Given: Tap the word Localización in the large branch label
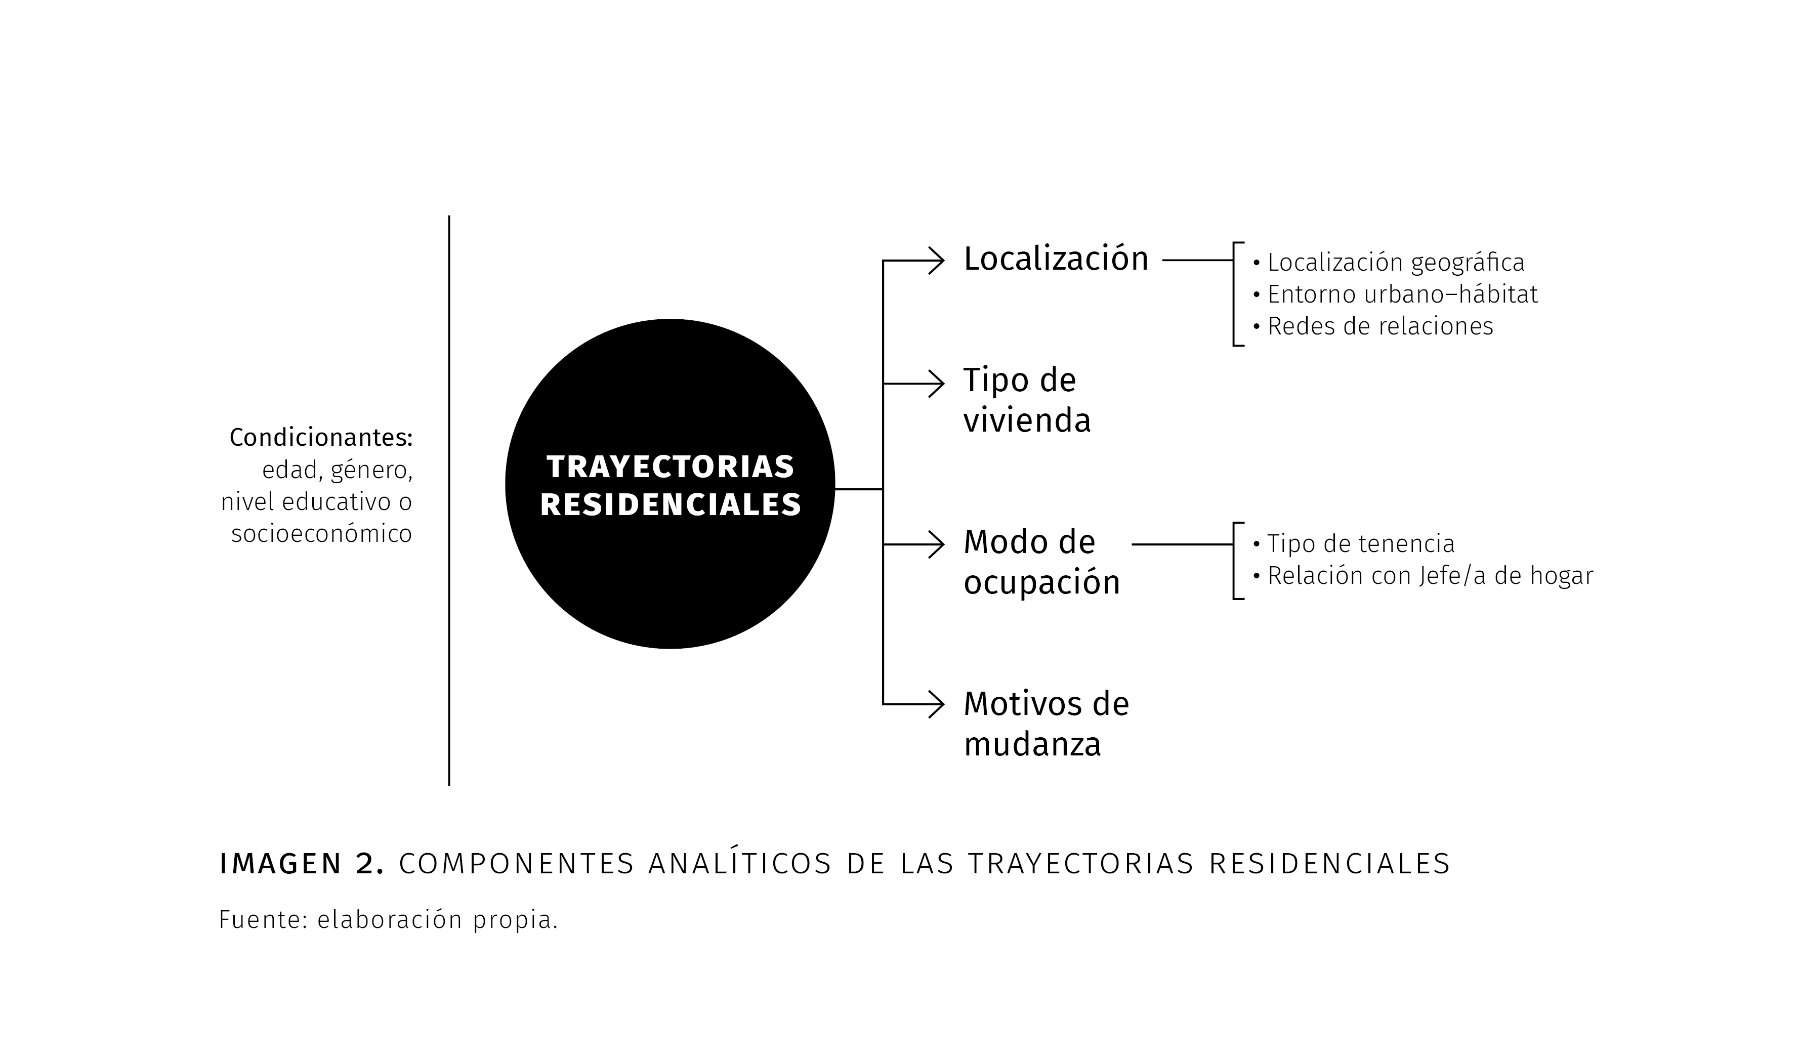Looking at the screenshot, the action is click(1056, 259).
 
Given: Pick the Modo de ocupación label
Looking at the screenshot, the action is click(1041, 562).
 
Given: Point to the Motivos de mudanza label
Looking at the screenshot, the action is click(1047, 725).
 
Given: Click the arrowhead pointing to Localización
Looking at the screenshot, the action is click(937, 261).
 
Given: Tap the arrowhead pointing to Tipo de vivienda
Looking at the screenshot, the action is click(937, 384).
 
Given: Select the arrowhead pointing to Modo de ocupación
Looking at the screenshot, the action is click(937, 545).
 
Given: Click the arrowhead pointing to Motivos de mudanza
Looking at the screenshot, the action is click(937, 705).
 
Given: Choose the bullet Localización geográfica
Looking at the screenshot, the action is click(1389, 263).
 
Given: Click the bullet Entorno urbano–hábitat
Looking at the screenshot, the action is click(1395, 294).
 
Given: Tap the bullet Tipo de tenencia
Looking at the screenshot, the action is click(1354, 544).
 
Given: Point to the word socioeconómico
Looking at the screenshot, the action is click(322, 534).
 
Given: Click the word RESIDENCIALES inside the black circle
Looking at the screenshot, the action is click(671, 505).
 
